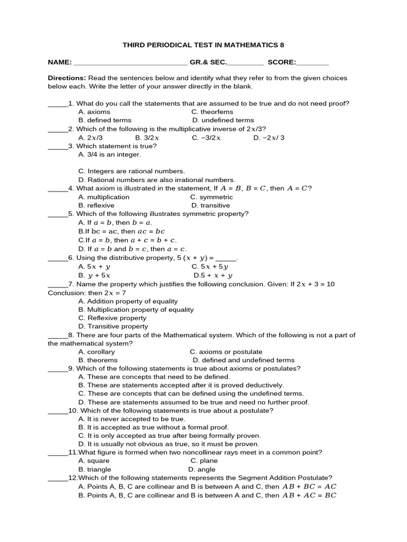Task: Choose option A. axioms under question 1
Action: point(94,112)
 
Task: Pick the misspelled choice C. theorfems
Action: point(213,112)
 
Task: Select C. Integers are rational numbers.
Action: point(131,171)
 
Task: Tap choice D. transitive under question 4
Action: point(211,205)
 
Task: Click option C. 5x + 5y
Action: point(210,267)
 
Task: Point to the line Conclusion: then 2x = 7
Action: point(87,292)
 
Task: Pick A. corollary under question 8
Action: point(96,351)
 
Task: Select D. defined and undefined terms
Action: point(243,360)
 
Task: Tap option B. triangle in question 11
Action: point(95,469)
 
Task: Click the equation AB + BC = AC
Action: point(309,486)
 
